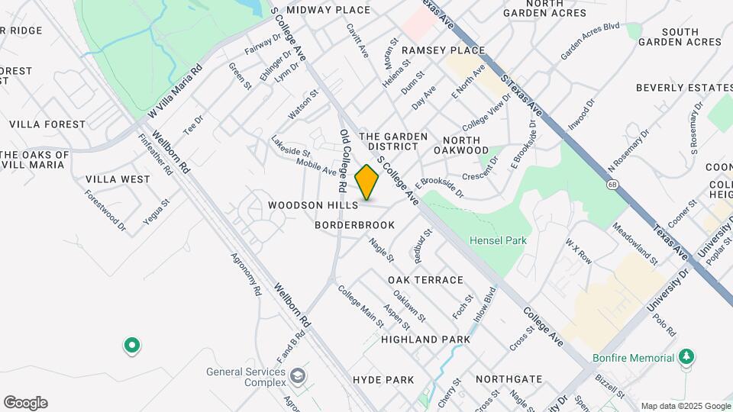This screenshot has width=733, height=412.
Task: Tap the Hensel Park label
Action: [498, 240]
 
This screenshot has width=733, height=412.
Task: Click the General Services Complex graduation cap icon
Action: [297, 375]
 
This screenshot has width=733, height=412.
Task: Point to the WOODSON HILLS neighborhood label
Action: [313, 206]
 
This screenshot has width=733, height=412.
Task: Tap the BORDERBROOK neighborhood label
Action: [355, 225]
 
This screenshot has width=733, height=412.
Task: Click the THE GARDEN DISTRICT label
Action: [388, 140]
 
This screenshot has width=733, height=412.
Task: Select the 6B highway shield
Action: [612, 184]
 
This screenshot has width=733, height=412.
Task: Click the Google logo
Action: [25, 403]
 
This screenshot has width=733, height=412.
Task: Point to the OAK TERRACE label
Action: [425, 280]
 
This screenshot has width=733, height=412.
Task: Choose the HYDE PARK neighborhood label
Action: [383, 379]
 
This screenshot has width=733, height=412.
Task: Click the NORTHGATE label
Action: [509, 378]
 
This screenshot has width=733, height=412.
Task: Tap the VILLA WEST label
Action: [118, 179]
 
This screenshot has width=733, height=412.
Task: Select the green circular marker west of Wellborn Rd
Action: [132, 346]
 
